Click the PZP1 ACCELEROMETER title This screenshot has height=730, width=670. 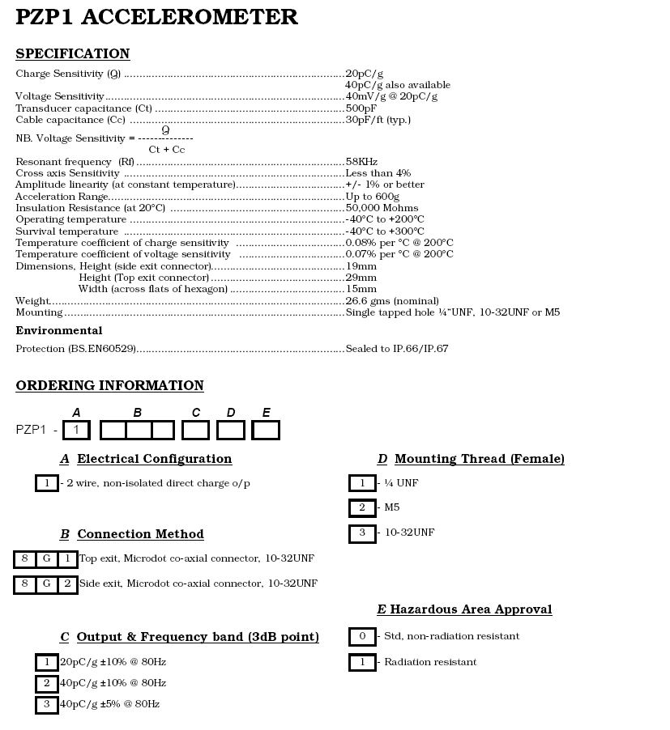coord(156,17)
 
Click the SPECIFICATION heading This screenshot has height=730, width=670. coord(72,54)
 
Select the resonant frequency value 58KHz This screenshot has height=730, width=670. coord(361,162)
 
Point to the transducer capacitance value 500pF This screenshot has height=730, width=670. coord(361,108)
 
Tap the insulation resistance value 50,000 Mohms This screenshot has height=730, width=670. coord(382,208)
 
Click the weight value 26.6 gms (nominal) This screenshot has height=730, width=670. coord(392,301)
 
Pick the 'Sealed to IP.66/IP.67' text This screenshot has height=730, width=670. coord(397,349)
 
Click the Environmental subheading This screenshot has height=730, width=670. coord(59,331)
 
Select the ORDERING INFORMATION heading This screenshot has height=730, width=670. coord(109,386)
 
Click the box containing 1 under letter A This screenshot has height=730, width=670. coord(76,430)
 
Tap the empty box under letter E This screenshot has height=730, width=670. coord(266,430)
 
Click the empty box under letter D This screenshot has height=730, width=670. coord(231,430)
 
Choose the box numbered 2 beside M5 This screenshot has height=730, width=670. coord(362,508)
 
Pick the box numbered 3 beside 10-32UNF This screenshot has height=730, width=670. coord(362,533)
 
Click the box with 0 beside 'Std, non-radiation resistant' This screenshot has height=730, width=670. coord(362,636)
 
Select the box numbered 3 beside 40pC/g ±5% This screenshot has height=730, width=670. coord(47,704)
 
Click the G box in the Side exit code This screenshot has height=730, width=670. coord(46,584)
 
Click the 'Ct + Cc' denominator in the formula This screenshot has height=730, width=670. coord(166,150)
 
